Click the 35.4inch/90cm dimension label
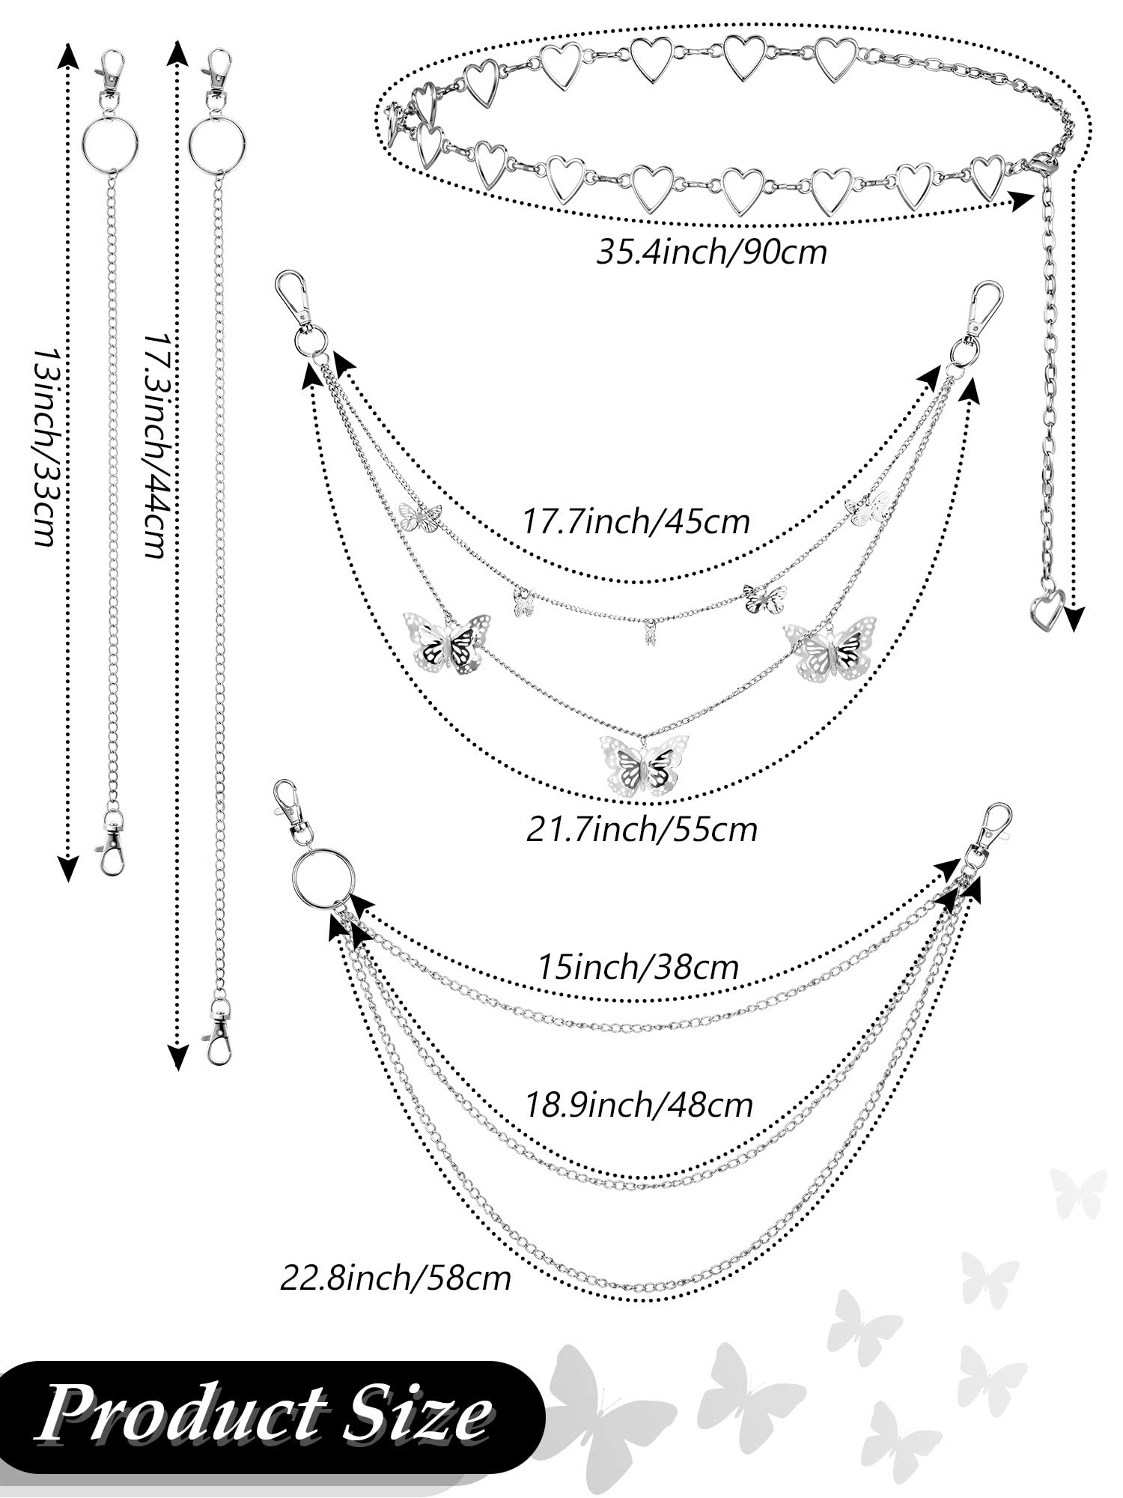point(711,252)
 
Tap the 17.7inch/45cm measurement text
point(635,521)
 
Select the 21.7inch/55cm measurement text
point(642,829)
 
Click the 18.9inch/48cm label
point(639,1105)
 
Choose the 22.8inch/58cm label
point(395,1277)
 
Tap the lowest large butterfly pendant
point(645,764)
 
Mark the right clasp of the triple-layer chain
point(992,828)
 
